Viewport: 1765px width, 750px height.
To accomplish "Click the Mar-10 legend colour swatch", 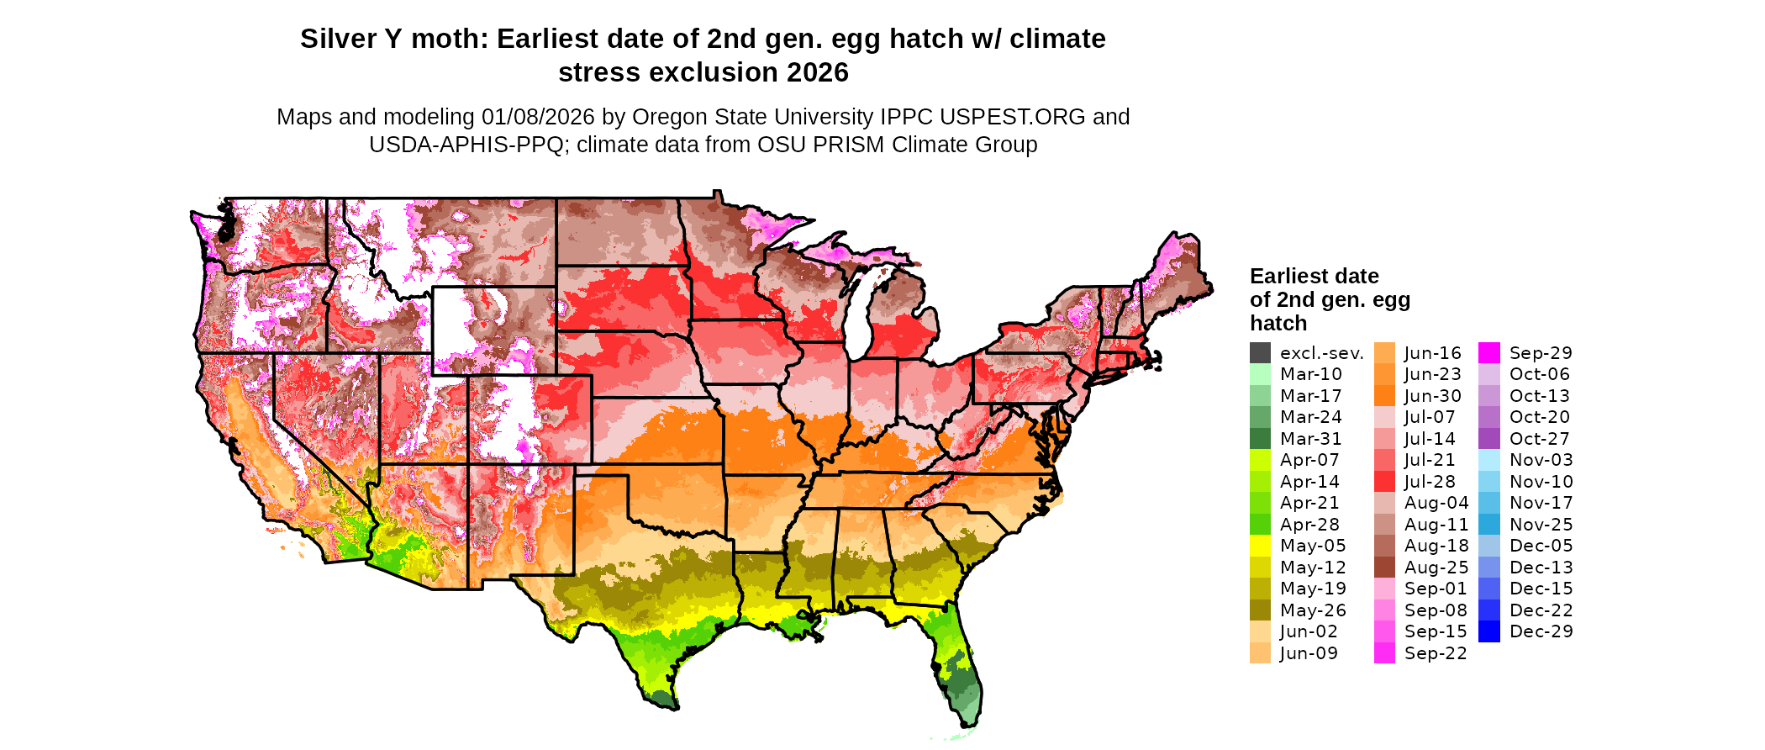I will tap(1260, 374).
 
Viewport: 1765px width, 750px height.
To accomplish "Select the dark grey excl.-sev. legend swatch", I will tap(1260, 353).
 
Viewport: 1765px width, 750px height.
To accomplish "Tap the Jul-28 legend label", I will tap(1430, 482).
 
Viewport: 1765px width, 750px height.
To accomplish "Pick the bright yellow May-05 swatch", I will tap(1260, 546).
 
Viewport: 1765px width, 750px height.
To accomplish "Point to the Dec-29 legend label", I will tap(1541, 631).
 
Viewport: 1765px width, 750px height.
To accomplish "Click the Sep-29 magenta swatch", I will tap(1489, 353).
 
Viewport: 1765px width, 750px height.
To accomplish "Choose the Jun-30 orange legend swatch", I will tap(1384, 396).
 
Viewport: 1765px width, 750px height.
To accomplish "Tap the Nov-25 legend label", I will tap(1541, 525).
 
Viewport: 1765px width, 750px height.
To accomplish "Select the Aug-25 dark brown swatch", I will tap(1384, 568).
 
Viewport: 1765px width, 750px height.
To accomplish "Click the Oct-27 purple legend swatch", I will tap(1489, 439).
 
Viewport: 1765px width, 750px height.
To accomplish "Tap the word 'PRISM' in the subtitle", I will tap(851, 145).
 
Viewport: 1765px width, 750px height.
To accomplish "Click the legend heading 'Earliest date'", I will tap(1314, 277).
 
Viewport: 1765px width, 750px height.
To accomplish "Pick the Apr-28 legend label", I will tap(1309, 525).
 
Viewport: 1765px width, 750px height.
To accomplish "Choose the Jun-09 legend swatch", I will tap(1260, 653).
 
